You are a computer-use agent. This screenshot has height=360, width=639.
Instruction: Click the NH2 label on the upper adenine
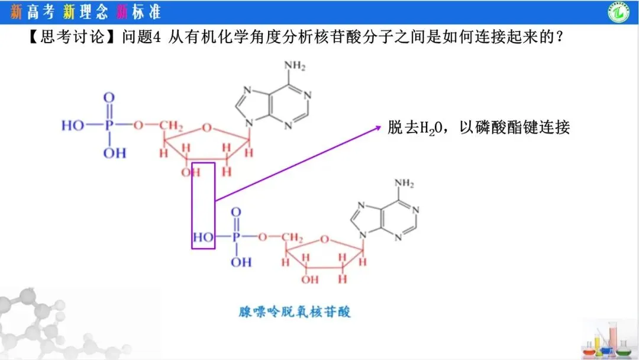coord(295,65)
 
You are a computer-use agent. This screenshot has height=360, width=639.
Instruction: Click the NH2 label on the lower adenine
coord(404,183)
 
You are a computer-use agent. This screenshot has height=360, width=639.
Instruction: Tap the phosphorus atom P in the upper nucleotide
coord(109,125)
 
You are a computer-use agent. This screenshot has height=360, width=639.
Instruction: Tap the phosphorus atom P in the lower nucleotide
coord(236,236)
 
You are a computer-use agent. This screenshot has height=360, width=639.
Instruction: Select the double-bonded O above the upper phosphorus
coord(109,98)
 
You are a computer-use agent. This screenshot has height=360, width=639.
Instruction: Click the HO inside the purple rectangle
coord(203,237)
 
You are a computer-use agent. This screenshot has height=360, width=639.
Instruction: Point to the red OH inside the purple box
coord(191,172)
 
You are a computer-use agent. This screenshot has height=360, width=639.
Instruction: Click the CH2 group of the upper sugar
coord(171,125)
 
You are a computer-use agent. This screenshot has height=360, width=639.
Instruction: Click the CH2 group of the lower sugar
coord(292,237)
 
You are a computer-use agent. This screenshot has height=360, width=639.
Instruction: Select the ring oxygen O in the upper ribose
coord(207,128)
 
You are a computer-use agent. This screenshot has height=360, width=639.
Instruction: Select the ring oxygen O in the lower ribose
coord(324,239)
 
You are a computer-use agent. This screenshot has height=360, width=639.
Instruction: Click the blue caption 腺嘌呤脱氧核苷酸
coord(294,312)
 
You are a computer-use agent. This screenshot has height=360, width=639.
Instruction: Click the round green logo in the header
coord(618,12)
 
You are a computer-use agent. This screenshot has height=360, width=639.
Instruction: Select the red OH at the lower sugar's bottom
coord(309,279)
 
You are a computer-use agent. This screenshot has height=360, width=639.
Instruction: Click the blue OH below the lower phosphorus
coord(241,262)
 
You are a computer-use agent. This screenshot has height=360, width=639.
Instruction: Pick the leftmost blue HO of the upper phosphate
coord(73,125)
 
